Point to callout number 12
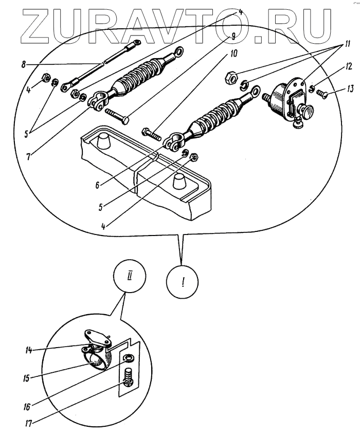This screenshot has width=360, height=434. pos(334,66)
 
